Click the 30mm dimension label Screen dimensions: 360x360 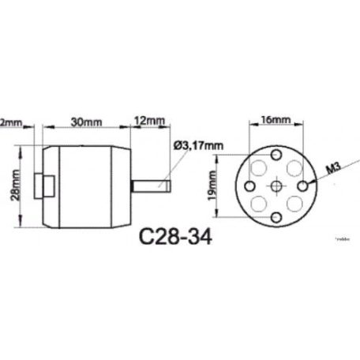(x=84, y=122)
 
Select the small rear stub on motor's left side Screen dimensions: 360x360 (x=46, y=186)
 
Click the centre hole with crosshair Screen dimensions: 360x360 (x=276, y=186)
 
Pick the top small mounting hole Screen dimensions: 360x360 (x=276, y=157)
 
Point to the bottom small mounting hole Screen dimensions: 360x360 (x=276, y=215)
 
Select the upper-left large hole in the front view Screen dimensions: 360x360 (x=257, y=167)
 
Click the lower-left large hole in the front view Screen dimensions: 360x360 (x=257, y=204)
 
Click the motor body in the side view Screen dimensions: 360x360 (x=87, y=186)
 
